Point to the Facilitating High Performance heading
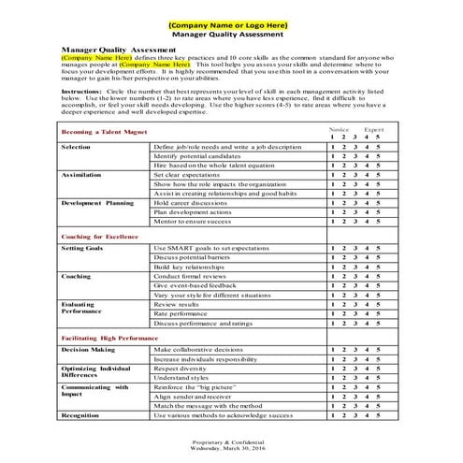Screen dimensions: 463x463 point(109,334)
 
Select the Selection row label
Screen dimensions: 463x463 point(77,148)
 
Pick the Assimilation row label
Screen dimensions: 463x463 point(81,175)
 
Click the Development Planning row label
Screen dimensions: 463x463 point(98,202)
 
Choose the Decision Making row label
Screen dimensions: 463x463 point(88,348)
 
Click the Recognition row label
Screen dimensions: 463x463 point(81,412)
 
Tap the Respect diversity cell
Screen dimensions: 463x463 point(181,369)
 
